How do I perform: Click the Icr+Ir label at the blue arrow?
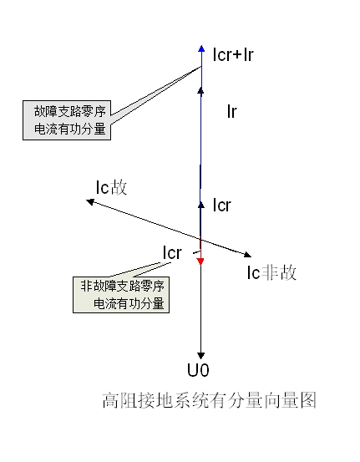click(x=233, y=54)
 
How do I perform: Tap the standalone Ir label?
click(x=232, y=112)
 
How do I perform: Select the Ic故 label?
click(x=111, y=187)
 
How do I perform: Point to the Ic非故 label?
click(x=271, y=272)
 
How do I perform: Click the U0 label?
click(x=198, y=370)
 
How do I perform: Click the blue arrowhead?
click(x=201, y=48)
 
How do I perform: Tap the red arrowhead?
click(x=200, y=261)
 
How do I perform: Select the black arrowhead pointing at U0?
click(x=201, y=356)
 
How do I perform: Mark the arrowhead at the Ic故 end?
click(x=90, y=202)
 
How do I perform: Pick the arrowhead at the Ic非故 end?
click(x=247, y=254)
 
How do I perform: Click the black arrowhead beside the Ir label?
click(x=201, y=90)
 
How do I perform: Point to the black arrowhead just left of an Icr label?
click(x=201, y=205)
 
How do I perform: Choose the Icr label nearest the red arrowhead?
click(x=172, y=253)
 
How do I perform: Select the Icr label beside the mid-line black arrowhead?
click(x=222, y=206)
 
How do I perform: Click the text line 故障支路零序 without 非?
click(x=70, y=111)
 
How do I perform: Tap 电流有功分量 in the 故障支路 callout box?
click(x=70, y=129)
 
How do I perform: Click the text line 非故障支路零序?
click(x=122, y=286)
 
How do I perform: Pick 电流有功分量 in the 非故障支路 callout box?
click(x=129, y=303)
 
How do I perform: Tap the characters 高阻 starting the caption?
click(x=119, y=400)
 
